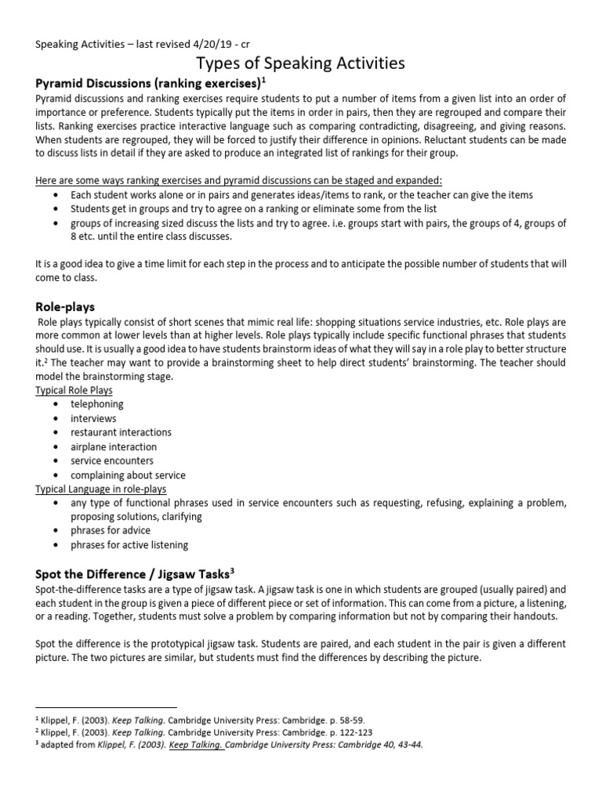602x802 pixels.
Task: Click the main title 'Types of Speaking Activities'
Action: coord(301,63)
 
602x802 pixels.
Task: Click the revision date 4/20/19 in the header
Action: coord(209,45)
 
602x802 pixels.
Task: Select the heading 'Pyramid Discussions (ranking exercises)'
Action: coord(145,83)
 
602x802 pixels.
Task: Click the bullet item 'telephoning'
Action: coord(97,404)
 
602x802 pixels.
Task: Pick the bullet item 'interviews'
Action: coord(93,418)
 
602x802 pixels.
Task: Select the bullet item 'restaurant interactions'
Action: coord(121,432)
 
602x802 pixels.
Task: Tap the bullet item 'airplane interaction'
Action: coord(114,446)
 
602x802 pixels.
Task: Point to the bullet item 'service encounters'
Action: coord(112,461)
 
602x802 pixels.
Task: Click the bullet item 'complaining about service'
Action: coord(128,475)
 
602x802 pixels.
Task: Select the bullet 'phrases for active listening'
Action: coord(129,544)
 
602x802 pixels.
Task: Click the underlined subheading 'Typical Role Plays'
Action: coord(74,390)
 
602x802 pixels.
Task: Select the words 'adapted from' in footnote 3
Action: coord(69,745)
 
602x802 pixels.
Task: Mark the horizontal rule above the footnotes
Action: coord(106,706)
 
